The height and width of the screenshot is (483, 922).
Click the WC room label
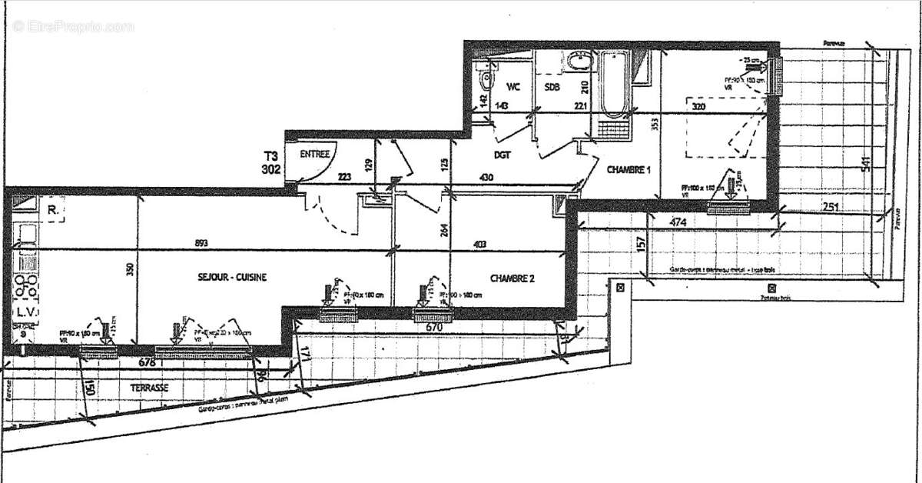(x=513, y=87)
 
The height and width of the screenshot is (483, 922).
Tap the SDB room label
(x=552, y=87)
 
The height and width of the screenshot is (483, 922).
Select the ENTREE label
(x=315, y=154)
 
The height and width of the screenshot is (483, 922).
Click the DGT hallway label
(x=504, y=155)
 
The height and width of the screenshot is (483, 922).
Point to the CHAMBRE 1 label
(x=628, y=169)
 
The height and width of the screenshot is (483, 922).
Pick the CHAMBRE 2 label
(x=512, y=278)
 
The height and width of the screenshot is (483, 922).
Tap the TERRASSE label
(x=150, y=388)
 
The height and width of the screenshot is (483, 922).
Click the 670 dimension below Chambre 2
(x=435, y=327)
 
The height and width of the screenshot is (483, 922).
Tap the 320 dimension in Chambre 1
(x=698, y=107)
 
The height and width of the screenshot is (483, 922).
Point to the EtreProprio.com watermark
(x=74, y=27)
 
